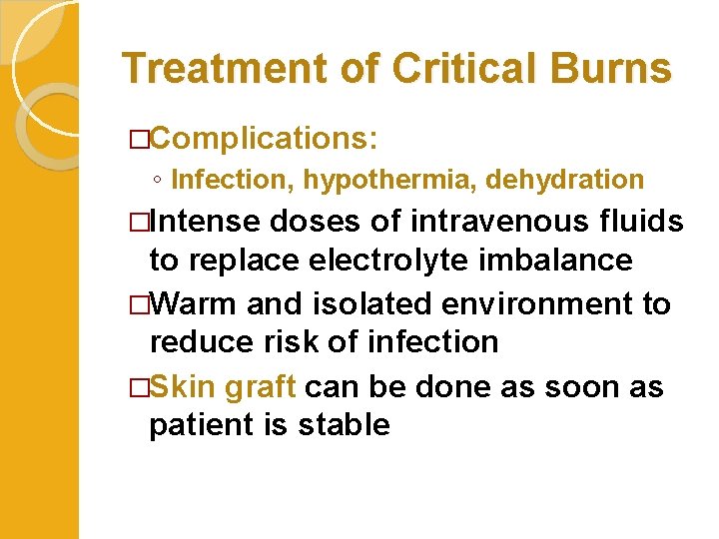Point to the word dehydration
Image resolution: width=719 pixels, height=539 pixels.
tap(564, 180)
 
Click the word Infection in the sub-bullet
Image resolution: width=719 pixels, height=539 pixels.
tap(234, 180)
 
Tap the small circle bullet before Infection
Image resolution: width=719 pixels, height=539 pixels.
tap(156, 181)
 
